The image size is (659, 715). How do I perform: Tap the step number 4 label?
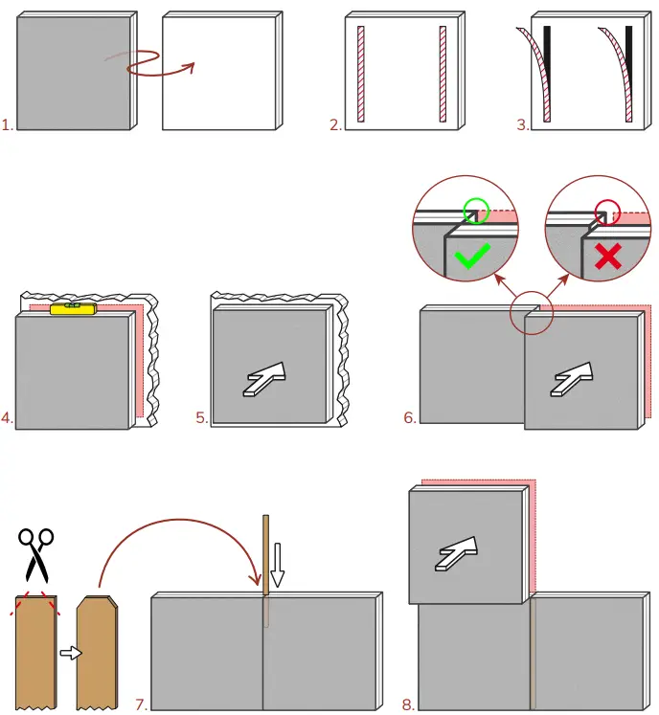click(x=8, y=418)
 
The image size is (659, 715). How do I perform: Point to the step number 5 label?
click(x=201, y=418)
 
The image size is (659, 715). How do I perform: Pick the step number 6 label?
click(x=410, y=418)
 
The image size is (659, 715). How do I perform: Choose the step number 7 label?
click(x=141, y=705)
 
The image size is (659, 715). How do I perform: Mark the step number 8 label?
click(x=408, y=705)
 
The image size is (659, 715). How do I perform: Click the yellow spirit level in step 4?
click(x=72, y=308)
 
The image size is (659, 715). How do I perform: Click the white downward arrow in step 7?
click(x=277, y=565)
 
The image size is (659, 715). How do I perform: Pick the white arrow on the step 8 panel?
click(x=459, y=552)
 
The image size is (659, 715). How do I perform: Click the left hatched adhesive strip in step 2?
click(x=361, y=74)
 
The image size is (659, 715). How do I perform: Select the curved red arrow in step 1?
click(x=153, y=63)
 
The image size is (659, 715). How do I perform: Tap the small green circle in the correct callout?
click(x=473, y=210)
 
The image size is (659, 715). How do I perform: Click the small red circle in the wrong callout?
click(x=607, y=210)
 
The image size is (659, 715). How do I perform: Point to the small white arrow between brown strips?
click(x=68, y=653)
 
